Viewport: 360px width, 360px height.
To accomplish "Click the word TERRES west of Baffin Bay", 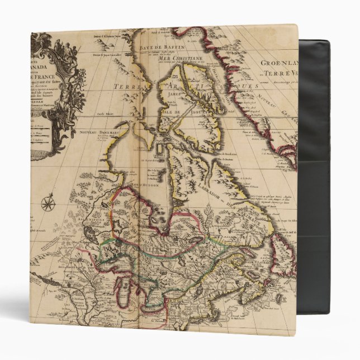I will [126, 87].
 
